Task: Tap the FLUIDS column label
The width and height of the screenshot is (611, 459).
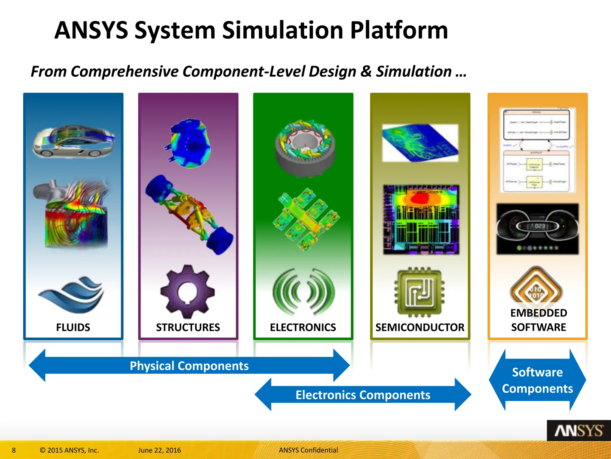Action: [73, 328]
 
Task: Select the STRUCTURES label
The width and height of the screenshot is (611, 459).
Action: [188, 328]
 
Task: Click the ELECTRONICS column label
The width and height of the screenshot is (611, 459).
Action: [303, 328]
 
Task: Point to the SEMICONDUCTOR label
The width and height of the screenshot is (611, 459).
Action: [420, 328]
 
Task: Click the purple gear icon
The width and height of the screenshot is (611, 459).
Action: [187, 292]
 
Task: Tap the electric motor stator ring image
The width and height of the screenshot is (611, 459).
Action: [305, 148]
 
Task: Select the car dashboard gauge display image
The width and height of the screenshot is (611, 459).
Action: [537, 229]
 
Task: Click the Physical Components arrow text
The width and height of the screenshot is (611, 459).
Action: [189, 366]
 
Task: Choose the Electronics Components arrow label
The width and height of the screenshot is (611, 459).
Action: [363, 395]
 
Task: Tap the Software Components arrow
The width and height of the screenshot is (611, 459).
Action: [537, 380]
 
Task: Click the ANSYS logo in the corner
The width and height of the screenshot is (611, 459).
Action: [578, 431]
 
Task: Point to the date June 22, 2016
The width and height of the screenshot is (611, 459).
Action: [160, 450]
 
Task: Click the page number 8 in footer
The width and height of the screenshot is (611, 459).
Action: [14, 450]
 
